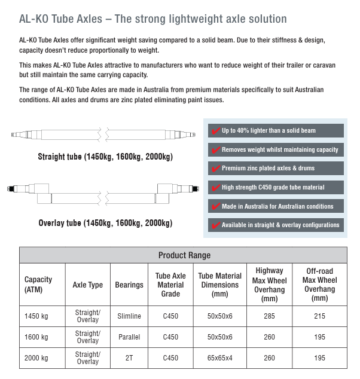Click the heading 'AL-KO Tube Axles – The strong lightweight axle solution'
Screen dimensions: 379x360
[x=153, y=19]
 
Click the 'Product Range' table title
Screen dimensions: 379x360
[x=184, y=255]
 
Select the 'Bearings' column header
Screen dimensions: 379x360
[x=129, y=285]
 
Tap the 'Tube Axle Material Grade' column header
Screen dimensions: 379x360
[x=170, y=285]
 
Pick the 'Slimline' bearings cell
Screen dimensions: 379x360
[x=129, y=316]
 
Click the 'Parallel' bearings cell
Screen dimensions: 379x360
[x=129, y=337]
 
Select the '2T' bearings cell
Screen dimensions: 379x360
[x=129, y=358]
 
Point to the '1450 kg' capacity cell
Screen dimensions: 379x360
[x=36, y=316]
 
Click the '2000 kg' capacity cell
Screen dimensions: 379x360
[x=36, y=358]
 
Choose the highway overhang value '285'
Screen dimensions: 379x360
[x=269, y=316]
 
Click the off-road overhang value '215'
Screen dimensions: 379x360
[x=319, y=316]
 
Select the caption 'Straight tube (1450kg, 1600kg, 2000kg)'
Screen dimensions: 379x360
[x=105, y=157]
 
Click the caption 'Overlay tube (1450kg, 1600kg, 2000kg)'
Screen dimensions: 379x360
[x=105, y=223]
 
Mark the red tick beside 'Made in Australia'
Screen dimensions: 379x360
[x=215, y=206]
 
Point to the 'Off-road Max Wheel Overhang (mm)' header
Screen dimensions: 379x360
[x=319, y=285]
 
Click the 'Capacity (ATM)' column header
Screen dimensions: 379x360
[x=38, y=285]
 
